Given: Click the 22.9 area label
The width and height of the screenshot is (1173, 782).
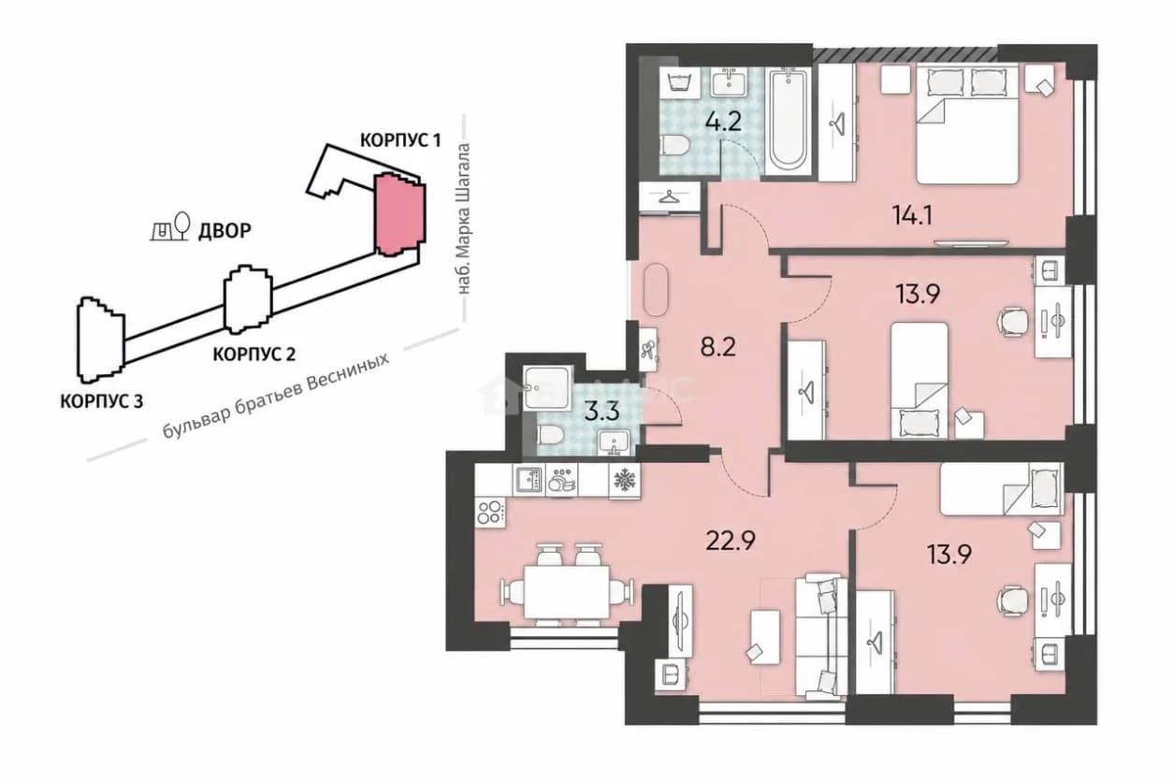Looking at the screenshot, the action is pyautogui.click(x=731, y=541).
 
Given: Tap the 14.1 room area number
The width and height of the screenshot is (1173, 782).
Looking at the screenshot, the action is pyautogui.click(x=912, y=215).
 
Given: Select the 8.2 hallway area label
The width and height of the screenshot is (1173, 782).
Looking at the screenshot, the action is pyautogui.click(x=718, y=347).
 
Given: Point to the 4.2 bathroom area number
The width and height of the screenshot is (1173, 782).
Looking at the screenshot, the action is pyautogui.click(x=723, y=122).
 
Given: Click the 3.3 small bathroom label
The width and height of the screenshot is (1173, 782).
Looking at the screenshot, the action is pyautogui.click(x=601, y=412).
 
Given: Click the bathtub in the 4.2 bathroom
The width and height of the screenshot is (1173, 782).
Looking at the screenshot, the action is pyautogui.click(x=788, y=121).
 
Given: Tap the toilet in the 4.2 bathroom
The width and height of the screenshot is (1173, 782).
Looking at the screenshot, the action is pyautogui.click(x=673, y=145).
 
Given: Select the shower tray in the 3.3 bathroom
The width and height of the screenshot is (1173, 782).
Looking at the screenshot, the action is pyautogui.click(x=548, y=388).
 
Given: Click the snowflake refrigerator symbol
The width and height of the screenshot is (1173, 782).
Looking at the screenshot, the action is pyautogui.click(x=624, y=479).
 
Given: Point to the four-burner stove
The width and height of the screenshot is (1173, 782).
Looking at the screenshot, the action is pyautogui.click(x=491, y=513).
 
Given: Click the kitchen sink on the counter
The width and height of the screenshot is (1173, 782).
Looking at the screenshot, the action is pyautogui.click(x=529, y=480).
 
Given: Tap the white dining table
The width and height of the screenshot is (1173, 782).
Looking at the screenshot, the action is pyautogui.click(x=567, y=592).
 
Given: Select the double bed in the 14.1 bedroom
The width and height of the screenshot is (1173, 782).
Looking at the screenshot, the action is pyautogui.click(x=967, y=124).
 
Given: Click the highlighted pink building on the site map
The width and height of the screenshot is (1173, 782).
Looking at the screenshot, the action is pyautogui.click(x=399, y=215).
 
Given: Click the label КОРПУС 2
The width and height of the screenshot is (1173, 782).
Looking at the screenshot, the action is pyautogui.click(x=254, y=355).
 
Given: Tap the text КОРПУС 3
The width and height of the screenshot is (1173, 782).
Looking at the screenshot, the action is pyautogui.click(x=102, y=401).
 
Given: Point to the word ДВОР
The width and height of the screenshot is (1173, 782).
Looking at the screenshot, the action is pyautogui.click(x=224, y=230).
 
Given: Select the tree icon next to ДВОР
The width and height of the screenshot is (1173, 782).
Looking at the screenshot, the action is pyautogui.click(x=181, y=225).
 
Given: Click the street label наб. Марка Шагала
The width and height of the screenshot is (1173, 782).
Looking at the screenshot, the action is pyautogui.click(x=464, y=218).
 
